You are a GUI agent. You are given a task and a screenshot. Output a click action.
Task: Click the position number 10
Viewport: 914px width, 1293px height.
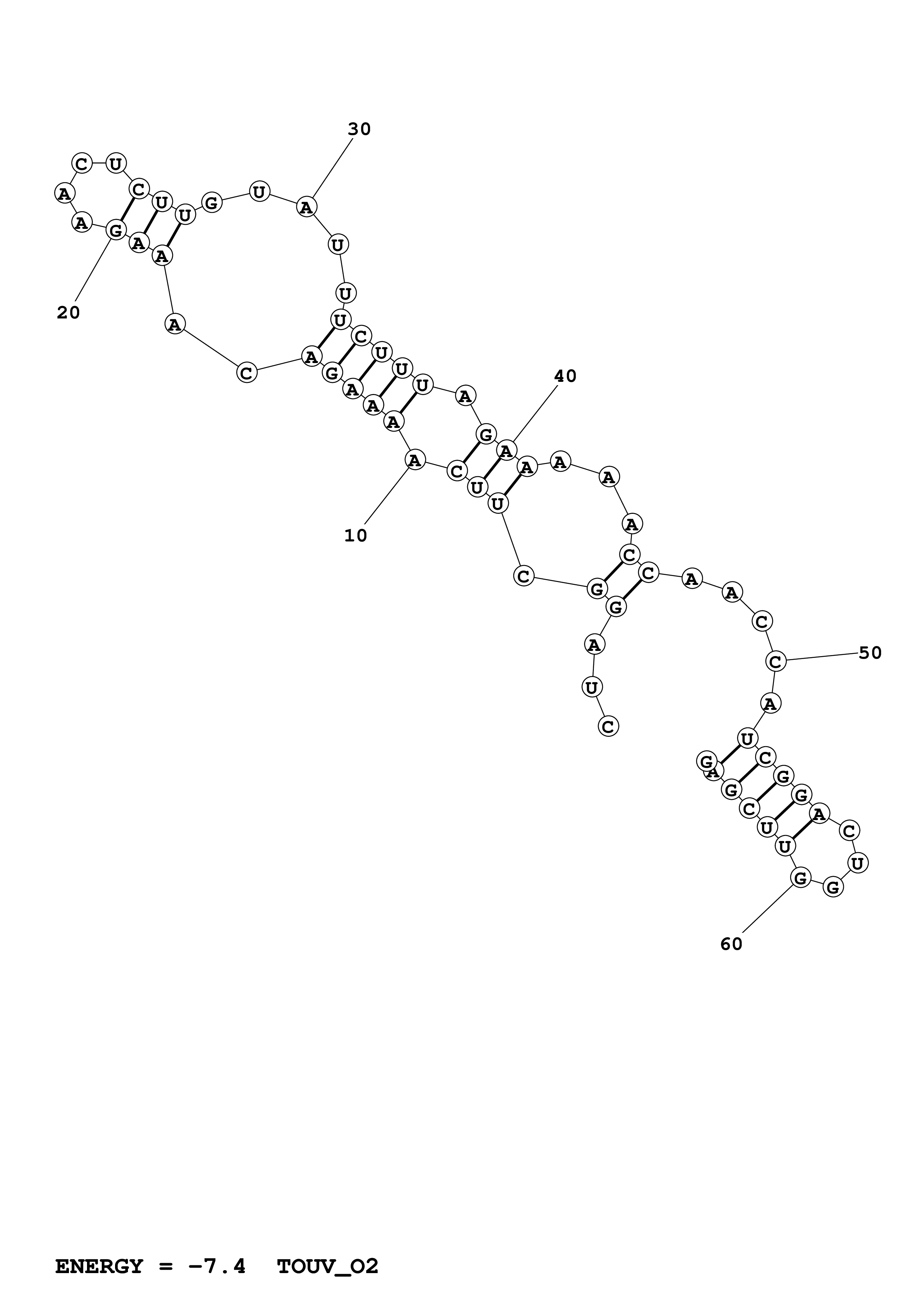click(x=355, y=536)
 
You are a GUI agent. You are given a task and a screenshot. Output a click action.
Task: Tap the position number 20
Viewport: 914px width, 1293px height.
click(x=68, y=313)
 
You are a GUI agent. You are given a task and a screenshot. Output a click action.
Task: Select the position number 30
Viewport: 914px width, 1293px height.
click(x=359, y=129)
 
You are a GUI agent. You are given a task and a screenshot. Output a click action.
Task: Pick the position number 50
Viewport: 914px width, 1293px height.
click(x=870, y=653)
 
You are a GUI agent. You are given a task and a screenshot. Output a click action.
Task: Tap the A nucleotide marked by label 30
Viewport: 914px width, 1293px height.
click(x=306, y=207)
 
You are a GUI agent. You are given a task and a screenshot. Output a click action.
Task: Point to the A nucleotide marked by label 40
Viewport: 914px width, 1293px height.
click(x=506, y=450)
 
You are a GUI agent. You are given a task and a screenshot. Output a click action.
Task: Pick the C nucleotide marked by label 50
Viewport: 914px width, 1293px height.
click(x=775, y=661)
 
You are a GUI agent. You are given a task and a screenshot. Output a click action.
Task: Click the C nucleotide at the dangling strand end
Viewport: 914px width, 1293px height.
click(x=608, y=726)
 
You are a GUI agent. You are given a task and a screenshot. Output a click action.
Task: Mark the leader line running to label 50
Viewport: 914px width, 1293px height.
click(x=822, y=657)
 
